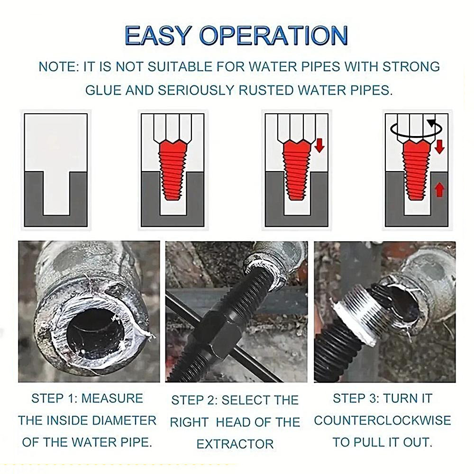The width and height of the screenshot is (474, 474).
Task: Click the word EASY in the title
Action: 157,36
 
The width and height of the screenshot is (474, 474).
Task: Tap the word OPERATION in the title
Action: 273,36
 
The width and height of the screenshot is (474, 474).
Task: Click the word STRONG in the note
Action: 411,67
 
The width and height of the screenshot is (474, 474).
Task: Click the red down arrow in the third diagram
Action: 319,146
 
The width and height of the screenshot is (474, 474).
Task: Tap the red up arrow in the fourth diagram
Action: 440,190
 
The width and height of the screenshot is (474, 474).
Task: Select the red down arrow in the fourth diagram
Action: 440,146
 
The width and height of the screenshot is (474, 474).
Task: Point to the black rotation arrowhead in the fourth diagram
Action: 431,123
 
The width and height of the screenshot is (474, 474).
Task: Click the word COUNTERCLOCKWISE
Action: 383,420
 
